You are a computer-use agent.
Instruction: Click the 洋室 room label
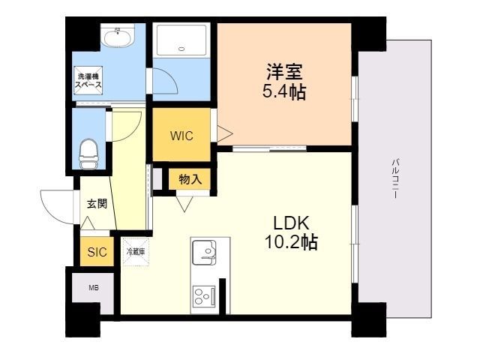(283, 73)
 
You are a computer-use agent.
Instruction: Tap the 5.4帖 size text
(283, 93)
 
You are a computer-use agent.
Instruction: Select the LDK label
(290, 223)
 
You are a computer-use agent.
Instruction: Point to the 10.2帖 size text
(290, 242)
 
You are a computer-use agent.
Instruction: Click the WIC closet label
(181, 136)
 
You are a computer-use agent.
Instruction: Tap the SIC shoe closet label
(97, 252)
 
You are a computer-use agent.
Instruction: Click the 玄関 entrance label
(97, 202)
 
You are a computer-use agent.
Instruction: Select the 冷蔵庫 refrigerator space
(136, 252)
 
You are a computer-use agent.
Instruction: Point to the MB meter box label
(94, 287)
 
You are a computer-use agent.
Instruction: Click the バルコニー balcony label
(394, 178)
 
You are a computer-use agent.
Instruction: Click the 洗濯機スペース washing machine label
(86, 81)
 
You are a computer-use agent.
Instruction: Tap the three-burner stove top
(204, 297)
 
